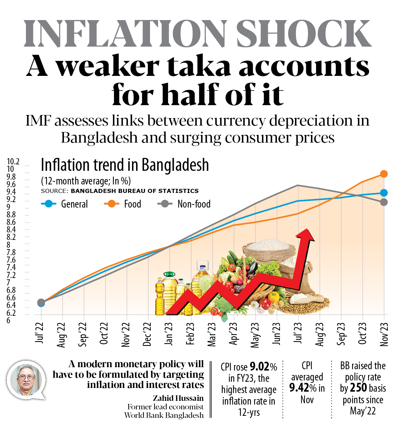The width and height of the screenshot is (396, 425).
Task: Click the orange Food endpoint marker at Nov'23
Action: pyautogui.click(x=384, y=174)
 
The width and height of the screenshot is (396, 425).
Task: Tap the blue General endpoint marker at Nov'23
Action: pyautogui.click(x=384, y=193)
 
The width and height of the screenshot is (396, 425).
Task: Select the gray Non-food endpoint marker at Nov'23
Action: pyautogui.click(x=384, y=202)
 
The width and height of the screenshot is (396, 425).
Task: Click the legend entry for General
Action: pyautogui.click(x=65, y=204)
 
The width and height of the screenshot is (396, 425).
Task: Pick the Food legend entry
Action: pyautogui.click(x=122, y=204)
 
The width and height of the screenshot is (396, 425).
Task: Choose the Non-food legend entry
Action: pyautogui.click(x=184, y=204)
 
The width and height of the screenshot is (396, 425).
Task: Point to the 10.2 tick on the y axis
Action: pyautogui.click(x=13, y=162)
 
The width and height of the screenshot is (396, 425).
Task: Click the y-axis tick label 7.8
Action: pyautogui.click(x=11, y=252)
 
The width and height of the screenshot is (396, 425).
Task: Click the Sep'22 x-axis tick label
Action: pyautogui.click(x=83, y=334)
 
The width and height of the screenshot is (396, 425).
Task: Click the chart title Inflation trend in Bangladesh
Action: pyautogui.click(x=125, y=165)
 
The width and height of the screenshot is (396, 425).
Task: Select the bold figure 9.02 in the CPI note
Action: pyautogui.click(x=260, y=366)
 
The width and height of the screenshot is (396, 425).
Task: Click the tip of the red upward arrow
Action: pyautogui.click(x=308, y=230)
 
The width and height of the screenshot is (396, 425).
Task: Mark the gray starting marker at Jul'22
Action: pyautogui.click(x=41, y=303)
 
